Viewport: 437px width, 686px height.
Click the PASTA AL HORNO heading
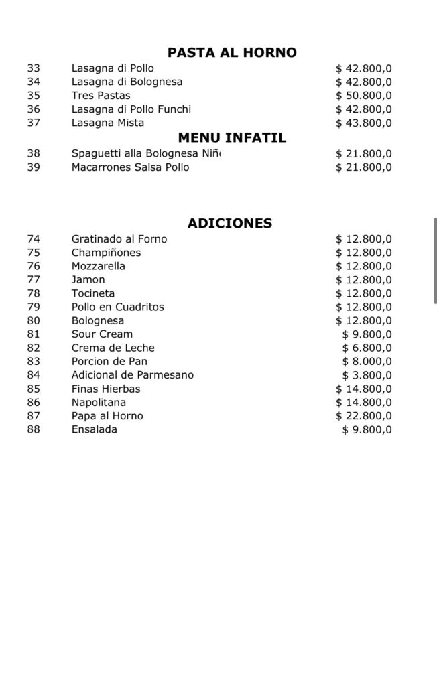(232, 53)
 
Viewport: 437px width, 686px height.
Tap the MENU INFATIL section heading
(232, 138)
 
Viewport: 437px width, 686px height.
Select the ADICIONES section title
(230, 224)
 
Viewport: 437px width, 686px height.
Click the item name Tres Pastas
(101, 96)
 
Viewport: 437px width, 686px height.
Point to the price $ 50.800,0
(364, 96)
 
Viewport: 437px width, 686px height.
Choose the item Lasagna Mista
(107, 123)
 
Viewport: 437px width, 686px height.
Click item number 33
(34, 68)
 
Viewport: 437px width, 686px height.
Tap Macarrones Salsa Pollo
(130, 167)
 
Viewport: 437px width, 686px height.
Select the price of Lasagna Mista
(364, 123)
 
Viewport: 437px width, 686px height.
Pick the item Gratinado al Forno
(119, 239)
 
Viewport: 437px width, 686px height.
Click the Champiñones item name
(106, 253)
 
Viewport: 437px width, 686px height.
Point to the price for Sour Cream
(367, 334)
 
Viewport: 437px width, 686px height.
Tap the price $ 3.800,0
(367, 375)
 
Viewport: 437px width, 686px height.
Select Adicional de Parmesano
(132, 375)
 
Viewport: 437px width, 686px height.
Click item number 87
(34, 416)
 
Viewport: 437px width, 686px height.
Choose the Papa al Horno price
(364, 416)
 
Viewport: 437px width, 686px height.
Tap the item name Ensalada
(94, 429)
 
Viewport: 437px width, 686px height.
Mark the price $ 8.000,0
(367, 362)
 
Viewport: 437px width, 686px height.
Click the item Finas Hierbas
(106, 389)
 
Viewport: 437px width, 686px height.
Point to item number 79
(34, 307)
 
